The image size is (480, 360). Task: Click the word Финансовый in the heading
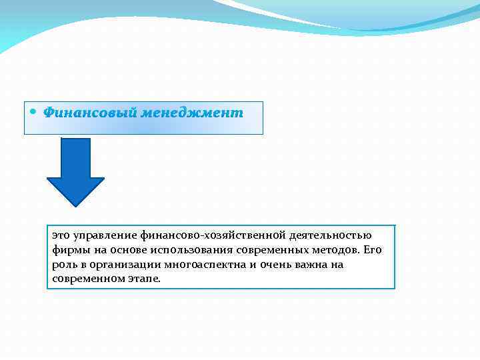(x=89, y=113)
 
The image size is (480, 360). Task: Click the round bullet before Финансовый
(x=35, y=111)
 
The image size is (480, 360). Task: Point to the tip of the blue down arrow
(x=75, y=203)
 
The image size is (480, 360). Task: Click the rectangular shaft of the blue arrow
(x=75, y=157)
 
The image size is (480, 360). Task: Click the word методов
(x=336, y=250)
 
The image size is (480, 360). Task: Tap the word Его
(x=373, y=250)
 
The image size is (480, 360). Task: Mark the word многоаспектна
(x=205, y=265)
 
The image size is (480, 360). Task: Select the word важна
(x=308, y=265)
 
